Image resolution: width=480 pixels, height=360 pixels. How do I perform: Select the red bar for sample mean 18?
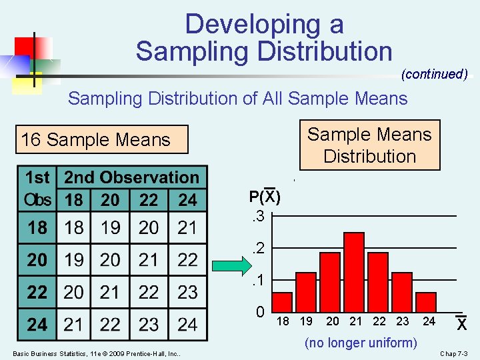[x=283, y=302]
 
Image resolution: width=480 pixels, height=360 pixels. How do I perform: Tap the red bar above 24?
[x=426, y=302]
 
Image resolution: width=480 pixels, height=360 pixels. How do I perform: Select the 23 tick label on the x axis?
[x=402, y=321]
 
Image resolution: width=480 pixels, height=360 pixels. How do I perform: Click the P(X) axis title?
[x=265, y=197]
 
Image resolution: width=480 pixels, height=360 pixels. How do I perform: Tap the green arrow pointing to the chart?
[x=231, y=267]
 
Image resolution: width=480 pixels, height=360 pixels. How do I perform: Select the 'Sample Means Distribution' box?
[x=369, y=145]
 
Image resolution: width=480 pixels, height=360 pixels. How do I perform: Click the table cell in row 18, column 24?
[x=187, y=227]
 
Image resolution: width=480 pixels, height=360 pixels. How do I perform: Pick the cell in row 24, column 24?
[x=187, y=325]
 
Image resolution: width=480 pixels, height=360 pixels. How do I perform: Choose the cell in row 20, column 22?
[x=149, y=260]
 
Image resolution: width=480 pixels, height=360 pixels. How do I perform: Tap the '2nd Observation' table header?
[x=131, y=177]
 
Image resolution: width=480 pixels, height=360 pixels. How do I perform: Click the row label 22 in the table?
[x=37, y=292]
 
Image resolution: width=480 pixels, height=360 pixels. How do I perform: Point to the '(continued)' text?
[x=434, y=74]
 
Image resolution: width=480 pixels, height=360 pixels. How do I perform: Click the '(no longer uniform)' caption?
[x=361, y=343]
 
